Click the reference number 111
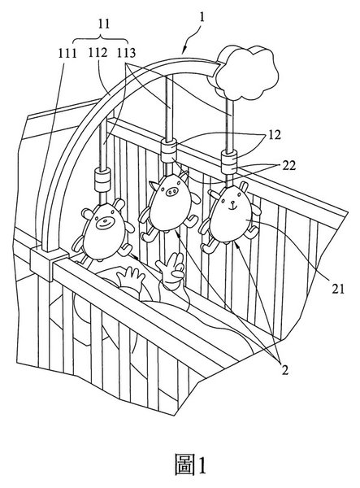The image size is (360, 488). [67, 54]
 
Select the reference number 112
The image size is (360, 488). [98, 53]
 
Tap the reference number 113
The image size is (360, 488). [127, 53]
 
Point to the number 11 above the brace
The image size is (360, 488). [104, 24]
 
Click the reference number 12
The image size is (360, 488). [275, 135]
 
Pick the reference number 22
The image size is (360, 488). [288, 165]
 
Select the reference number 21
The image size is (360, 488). [338, 289]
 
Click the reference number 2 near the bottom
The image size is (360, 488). [284, 370]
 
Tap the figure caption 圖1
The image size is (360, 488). [190, 464]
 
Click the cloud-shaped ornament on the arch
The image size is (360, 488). [245, 72]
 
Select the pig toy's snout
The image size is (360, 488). [171, 192]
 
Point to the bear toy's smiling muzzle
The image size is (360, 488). [105, 223]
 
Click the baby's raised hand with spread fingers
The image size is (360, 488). [170, 267]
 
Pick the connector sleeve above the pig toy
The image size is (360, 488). [169, 150]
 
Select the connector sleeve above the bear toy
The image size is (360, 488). [102, 180]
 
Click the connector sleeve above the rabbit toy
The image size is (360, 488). [229, 162]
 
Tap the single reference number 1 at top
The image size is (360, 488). [202, 17]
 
